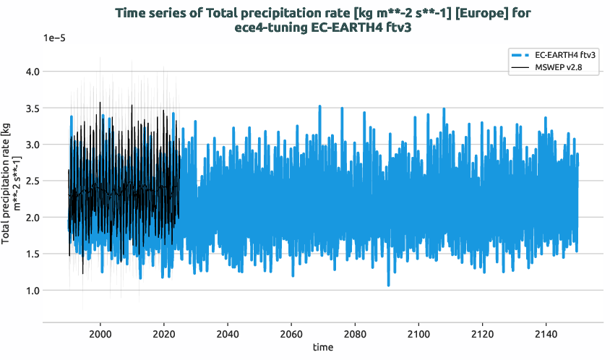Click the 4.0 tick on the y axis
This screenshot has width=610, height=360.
(31, 72)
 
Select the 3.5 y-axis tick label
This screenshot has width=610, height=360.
(31, 108)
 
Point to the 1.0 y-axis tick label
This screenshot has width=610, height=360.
(31, 290)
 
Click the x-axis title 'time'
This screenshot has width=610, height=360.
(323, 348)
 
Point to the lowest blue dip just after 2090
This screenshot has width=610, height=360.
(388, 285)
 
